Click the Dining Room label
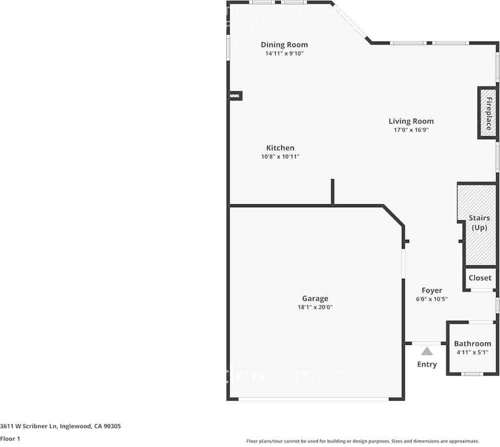click(284, 45)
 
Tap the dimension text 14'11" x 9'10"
click(284, 53)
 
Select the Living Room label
click(411, 121)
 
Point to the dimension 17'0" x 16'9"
click(411, 130)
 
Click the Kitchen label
click(280, 148)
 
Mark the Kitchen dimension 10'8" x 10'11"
click(280, 156)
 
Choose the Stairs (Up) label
click(479, 223)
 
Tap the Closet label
click(480, 278)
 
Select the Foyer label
click(431, 290)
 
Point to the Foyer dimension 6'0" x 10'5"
click(431, 299)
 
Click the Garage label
click(315, 299)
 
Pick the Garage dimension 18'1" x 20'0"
click(315, 307)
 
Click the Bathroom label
click(472, 343)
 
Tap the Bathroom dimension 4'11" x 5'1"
click(472, 352)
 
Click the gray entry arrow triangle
click(427, 351)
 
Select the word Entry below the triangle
click(427, 364)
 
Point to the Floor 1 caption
click(10, 439)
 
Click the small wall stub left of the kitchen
click(235, 96)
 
